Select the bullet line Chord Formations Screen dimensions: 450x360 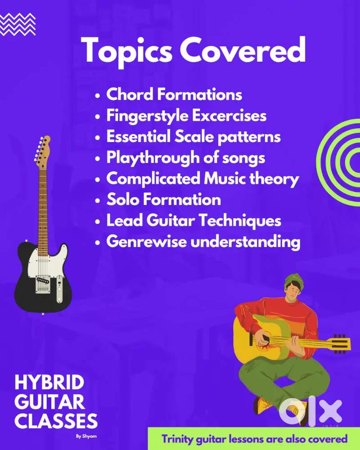[x=174, y=95]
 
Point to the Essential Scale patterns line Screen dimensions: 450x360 [x=193, y=137]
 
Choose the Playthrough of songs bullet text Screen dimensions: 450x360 [x=185, y=158]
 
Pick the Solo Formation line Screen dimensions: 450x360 [x=163, y=200]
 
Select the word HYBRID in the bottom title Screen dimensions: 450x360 [x=49, y=383]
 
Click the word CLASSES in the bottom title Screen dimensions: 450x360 [x=56, y=422]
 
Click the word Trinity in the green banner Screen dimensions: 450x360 [x=178, y=439]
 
